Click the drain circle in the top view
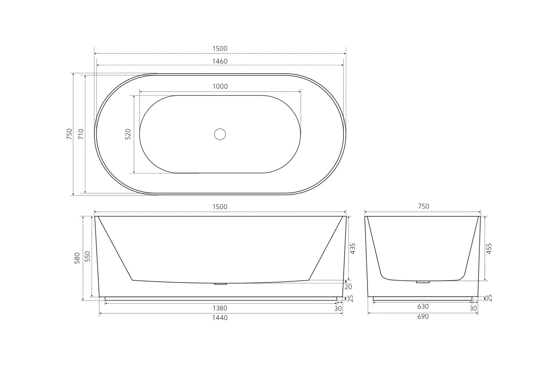[220, 134]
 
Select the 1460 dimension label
[220, 61]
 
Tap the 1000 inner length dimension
[220, 86]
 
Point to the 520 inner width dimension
[128, 134]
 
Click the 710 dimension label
[81, 134]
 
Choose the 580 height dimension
[77, 258]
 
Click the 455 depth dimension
[489, 248]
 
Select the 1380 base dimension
[220, 308]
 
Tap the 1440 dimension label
[220, 318]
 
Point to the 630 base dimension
[423, 306]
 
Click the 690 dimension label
[423, 316]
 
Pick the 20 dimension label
[349, 287]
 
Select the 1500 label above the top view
[220, 49]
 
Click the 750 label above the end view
[423, 207]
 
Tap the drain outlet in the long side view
[220, 283]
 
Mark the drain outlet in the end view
[423, 282]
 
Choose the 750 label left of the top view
[69, 134]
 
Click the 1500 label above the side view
[220, 207]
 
